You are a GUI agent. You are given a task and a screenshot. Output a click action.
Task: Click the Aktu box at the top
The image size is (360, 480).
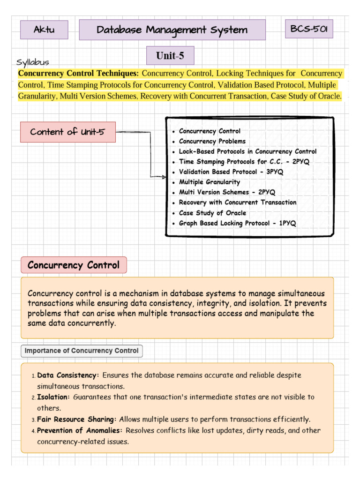[44, 30]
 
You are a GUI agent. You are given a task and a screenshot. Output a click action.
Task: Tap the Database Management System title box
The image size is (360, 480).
[172, 30]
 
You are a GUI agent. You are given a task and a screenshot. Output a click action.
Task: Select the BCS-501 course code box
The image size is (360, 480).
[309, 29]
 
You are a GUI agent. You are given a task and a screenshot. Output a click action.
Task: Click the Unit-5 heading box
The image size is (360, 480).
[170, 56]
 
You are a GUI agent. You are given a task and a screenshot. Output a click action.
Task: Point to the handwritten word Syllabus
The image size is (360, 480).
[33, 62]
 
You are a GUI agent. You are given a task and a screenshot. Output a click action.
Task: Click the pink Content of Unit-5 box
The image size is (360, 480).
[68, 132]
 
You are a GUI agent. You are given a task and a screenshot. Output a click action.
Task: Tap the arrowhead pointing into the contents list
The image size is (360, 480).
[164, 177]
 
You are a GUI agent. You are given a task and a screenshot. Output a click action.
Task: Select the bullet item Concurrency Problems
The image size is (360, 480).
[212, 141]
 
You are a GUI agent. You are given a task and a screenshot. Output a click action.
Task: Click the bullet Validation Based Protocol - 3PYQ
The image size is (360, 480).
[231, 172]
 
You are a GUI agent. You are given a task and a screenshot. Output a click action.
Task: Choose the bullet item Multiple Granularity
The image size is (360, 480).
[209, 182]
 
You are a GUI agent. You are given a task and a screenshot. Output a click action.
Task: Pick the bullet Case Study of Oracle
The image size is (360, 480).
[212, 213]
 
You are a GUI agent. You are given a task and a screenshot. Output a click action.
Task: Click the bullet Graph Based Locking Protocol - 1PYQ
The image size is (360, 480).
[237, 223]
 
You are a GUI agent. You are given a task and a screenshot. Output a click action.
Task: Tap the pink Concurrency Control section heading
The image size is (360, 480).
[74, 265]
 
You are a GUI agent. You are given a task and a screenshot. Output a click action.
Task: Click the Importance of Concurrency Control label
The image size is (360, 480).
[82, 351]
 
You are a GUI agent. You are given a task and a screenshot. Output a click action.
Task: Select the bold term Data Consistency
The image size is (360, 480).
[68, 375]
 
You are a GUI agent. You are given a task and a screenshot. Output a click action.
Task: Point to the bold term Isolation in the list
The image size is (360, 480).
[53, 397]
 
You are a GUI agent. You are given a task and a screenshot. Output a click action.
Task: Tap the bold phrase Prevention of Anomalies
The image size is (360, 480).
[80, 430]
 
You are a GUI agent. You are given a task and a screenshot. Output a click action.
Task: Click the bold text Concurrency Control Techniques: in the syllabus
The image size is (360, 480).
[78, 74]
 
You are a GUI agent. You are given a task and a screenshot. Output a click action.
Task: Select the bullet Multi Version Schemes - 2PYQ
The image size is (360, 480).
[227, 192]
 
